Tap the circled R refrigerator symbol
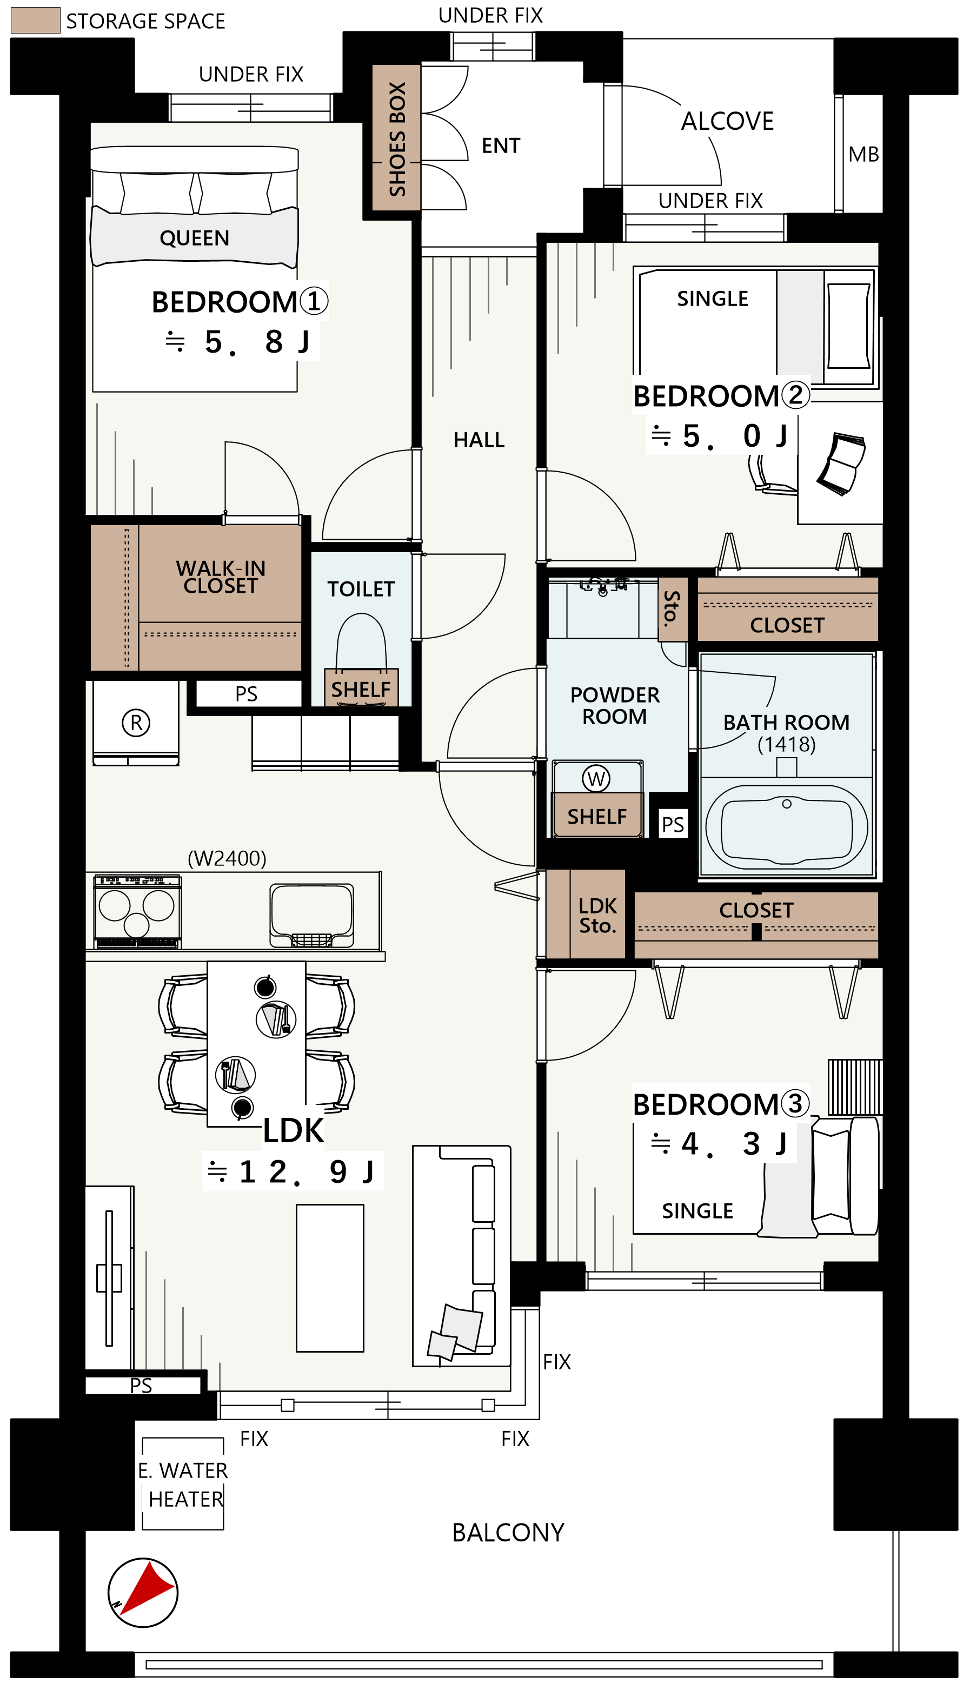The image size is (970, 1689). point(136,722)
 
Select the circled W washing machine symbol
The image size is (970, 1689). point(596,778)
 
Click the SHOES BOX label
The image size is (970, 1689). point(397,138)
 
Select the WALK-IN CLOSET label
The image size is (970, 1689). point(221,577)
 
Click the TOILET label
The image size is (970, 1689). point(361,589)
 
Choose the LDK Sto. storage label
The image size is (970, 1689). point(597,916)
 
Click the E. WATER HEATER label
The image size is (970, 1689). point(183,1484)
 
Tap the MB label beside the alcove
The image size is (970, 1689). point(863,155)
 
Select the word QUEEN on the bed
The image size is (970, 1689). point(195,238)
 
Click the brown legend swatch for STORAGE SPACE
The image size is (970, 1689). point(35,20)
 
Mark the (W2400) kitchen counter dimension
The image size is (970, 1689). point(227,858)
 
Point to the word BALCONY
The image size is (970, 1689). point(508,1532)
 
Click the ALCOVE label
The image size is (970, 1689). point(728,121)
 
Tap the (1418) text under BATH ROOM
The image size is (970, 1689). point(787,744)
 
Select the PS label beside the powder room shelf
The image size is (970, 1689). point(673,825)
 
